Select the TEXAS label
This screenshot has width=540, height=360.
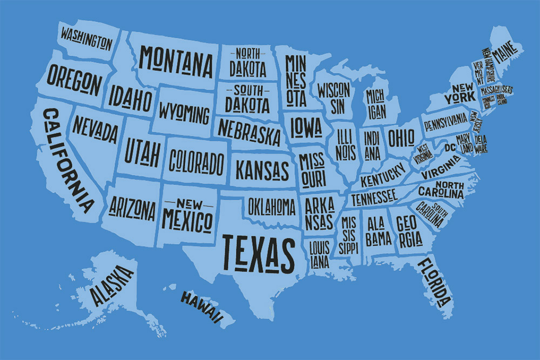[259, 253]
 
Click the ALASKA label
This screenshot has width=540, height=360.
[112, 284]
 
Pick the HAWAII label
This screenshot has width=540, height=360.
[201, 307]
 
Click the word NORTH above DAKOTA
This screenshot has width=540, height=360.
[247, 53]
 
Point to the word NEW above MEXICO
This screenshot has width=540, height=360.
[186, 203]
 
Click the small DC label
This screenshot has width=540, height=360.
[450, 147]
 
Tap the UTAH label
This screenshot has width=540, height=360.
[142, 151]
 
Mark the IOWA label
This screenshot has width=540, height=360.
[306, 127]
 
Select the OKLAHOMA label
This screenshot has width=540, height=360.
[272, 206]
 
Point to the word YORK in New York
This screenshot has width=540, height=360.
[458, 99]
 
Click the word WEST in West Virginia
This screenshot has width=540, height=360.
[422, 147]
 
